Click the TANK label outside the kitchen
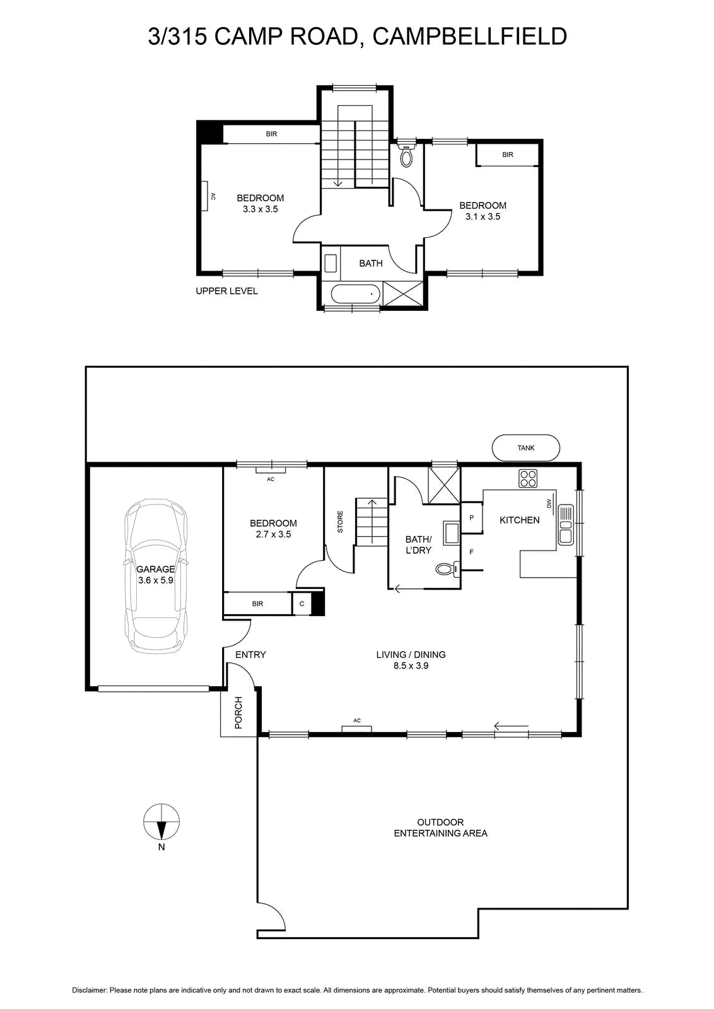[x=525, y=448]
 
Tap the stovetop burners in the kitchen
[x=527, y=479]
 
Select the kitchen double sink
[x=566, y=524]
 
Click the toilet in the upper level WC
[x=407, y=156]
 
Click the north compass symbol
[x=161, y=820]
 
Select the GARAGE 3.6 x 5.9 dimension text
[x=156, y=574]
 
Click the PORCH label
[x=238, y=713]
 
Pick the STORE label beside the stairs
[x=340, y=522]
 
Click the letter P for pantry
[x=472, y=518]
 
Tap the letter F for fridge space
[x=472, y=552]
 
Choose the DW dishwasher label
[x=549, y=503]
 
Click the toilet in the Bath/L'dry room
[x=448, y=569]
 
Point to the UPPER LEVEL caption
[x=226, y=291]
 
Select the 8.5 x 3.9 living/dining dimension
[x=411, y=666]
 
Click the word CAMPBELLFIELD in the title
[x=470, y=37]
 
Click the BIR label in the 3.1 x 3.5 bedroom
[x=508, y=155]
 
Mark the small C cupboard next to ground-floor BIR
[x=302, y=604]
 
